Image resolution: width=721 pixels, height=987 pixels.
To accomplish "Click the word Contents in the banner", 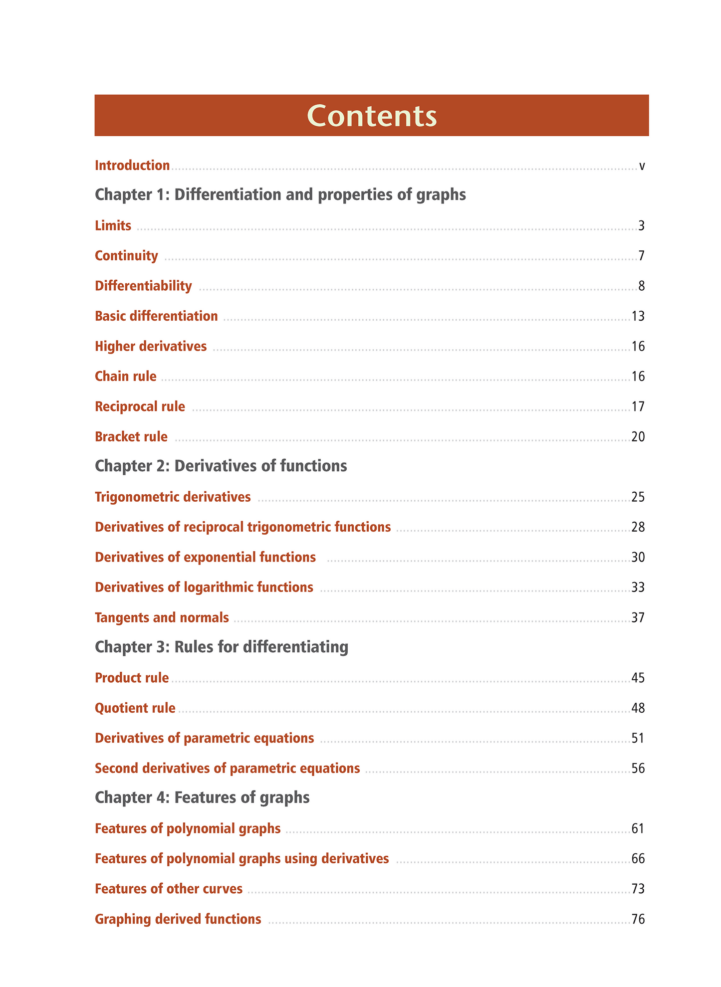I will click(x=372, y=116).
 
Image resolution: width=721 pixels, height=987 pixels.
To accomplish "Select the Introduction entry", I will click(x=132, y=165).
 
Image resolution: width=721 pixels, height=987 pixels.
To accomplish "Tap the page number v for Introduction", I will click(x=642, y=166).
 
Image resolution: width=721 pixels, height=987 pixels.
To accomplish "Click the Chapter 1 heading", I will click(x=280, y=195).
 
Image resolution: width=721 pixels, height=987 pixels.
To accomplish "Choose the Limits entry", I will click(x=113, y=226).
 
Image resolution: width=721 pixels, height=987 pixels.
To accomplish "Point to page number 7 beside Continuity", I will click(x=641, y=256).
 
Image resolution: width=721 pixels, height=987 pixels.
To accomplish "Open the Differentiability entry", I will click(x=143, y=286).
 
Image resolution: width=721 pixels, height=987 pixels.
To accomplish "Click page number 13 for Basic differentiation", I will click(x=638, y=316).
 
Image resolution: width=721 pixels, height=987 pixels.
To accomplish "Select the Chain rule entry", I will click(x=125, y=376).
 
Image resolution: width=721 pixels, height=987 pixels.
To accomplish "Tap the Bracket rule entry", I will click(x=131, y=437).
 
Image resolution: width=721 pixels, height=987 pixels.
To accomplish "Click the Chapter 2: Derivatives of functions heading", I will click(x=221, y=466).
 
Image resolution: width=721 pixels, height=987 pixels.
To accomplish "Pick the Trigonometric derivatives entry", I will click(x=173, y=497).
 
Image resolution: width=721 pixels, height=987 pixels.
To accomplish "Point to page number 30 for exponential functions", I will click(x=638, y=557).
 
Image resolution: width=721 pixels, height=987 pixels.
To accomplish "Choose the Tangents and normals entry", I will click(x=162, y=617).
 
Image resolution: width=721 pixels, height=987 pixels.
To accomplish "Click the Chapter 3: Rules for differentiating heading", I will click(x=221, y=647).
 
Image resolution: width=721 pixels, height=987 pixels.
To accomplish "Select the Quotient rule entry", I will click(x=135, y=708).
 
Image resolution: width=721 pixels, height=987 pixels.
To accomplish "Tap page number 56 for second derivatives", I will click(x=638, y=768).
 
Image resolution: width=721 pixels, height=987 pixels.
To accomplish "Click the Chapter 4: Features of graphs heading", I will click(x=202, y=797).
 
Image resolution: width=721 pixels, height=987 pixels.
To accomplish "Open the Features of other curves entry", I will click(x=169, y=888).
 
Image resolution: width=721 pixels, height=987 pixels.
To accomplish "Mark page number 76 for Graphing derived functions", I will click(x=638, y=919).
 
